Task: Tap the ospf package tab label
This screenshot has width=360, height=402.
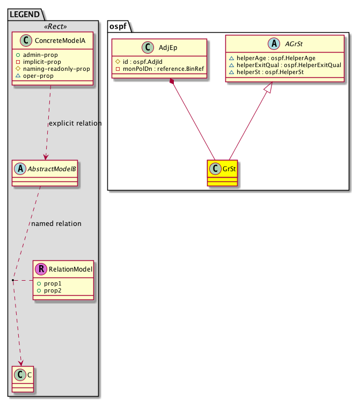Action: point(117,25)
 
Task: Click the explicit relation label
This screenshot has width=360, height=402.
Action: point(75,123)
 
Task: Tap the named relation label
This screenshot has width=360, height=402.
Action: point(56,224)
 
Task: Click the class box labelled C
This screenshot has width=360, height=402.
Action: point(23,378)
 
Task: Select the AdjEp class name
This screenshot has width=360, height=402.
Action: point(168,47)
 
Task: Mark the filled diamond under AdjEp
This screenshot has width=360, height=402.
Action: point(172,82)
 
